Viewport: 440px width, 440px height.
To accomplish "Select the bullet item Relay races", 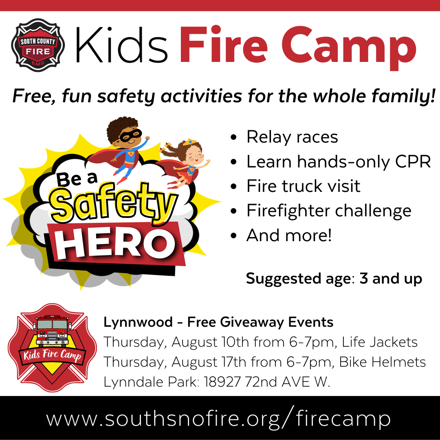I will point(292,137).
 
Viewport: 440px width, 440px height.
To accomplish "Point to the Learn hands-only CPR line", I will point(338,162).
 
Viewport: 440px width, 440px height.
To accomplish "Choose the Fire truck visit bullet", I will point(303,186).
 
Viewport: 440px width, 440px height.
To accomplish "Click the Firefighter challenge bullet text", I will point(329,211).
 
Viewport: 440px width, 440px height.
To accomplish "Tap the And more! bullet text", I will point(289,235).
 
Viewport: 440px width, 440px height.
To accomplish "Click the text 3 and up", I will point(391,279).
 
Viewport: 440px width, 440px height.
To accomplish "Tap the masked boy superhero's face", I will point(130,136).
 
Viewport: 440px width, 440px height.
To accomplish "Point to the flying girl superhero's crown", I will point(189,143).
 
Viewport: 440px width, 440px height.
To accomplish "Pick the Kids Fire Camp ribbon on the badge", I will point(52,354).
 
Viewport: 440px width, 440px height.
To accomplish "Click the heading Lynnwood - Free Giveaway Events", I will point(218,322).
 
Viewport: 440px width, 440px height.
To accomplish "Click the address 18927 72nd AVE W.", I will point(266,382).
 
